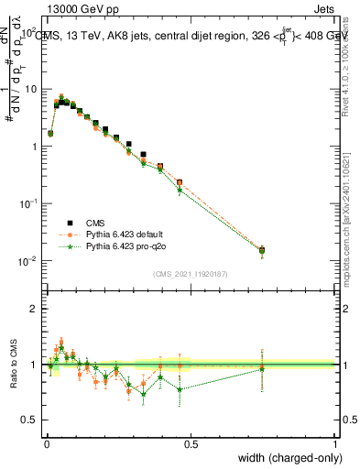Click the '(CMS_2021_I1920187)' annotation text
[x=191, y=273]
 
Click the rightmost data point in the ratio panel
[x=262, y=365]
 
